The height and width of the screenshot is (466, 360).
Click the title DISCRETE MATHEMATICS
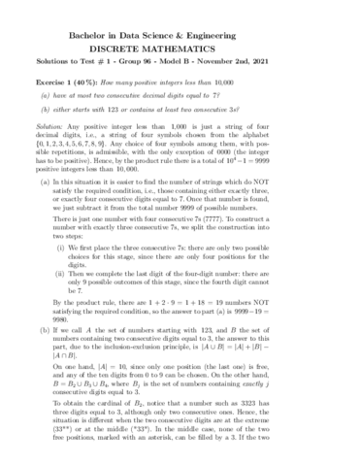click(x=180, y=46)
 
